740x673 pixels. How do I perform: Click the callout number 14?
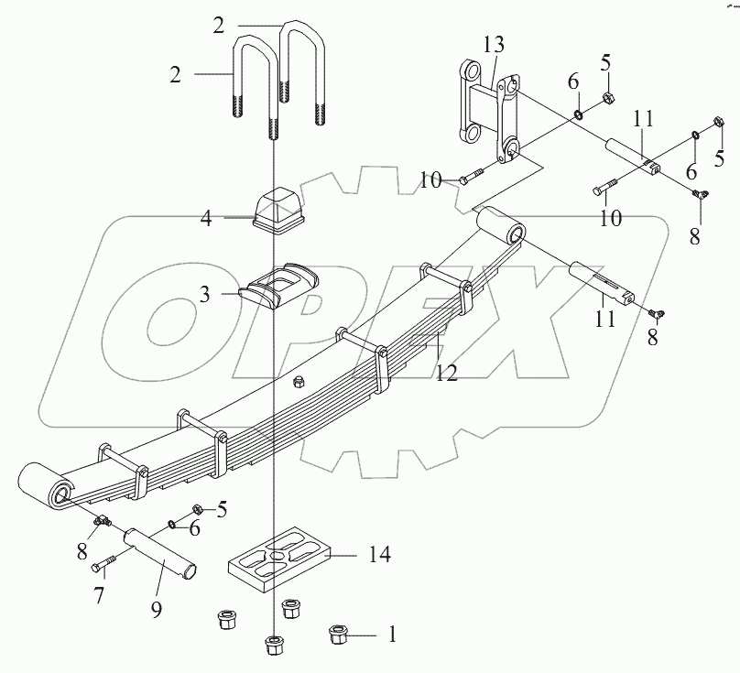tap(378, 554)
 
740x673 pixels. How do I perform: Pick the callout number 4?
tap(207, 220)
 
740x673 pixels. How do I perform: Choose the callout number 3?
tap(206, 295)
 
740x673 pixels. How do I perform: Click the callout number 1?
tap(393, 633)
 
